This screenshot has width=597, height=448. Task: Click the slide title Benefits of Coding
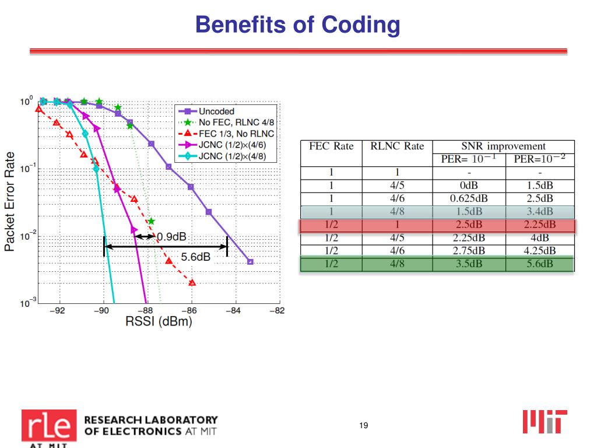(298, 25)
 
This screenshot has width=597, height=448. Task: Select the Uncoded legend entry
(216, 111)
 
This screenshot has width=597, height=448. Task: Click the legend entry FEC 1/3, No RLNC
(232, 134)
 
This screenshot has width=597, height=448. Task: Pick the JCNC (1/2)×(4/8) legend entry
(233, 156)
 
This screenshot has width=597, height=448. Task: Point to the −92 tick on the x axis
(57, 311)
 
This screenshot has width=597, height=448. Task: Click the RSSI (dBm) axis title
(159, 322)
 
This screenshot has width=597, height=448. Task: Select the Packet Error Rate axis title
(10, 201)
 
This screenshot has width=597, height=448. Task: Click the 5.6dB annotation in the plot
(196, 257)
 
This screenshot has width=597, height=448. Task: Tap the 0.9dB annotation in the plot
(172, 236)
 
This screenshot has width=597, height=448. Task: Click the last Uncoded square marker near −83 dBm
(250, 262)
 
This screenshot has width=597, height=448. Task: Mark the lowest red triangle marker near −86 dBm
(192, 283)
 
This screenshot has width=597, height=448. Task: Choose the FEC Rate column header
(331, 146)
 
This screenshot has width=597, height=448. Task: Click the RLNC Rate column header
(397, 146)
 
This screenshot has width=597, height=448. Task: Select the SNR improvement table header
(504, 146)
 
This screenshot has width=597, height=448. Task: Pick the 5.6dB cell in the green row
(540, 264)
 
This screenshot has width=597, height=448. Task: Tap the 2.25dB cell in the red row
(540, 225)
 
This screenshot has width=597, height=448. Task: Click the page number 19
(363, 426)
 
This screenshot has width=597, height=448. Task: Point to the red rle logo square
(49, 425)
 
